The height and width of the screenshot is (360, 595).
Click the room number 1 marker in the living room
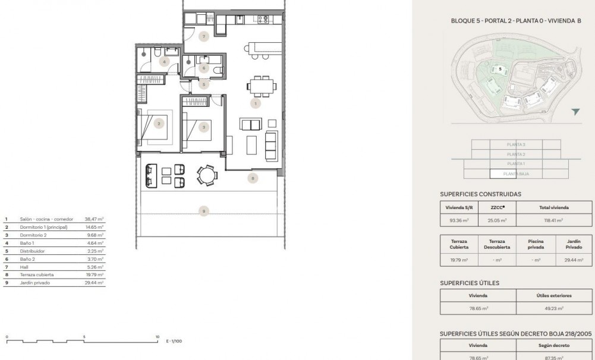256,103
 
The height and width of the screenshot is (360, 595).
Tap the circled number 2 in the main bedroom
159,124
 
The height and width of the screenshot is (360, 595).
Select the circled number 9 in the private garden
203,210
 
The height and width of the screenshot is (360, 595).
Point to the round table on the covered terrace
207,175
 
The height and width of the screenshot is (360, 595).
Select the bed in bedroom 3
197,127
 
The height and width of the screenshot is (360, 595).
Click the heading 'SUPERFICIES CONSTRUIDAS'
480,194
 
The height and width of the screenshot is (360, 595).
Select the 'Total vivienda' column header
554,208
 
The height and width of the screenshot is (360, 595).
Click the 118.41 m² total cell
554,220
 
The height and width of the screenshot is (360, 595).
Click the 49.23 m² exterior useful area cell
554,308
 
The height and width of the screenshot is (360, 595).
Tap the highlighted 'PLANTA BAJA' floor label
515,174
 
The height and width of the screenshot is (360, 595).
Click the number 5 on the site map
500,69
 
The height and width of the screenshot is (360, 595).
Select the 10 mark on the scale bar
158,337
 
